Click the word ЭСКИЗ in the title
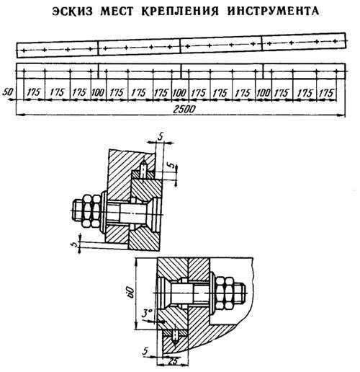(x=73, y=11)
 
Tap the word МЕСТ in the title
(x=117, y=11)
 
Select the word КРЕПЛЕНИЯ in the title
(x=180, y=11)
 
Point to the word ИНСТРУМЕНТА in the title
(x=273, y=11)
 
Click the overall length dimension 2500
(x=184, y=110)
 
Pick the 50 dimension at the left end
(x=8, y=92)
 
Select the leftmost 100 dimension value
(x=98, y=92)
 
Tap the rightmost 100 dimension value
(x=264, y=93)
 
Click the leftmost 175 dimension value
(x=34, y=92)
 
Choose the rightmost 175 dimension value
(x=327, y=93)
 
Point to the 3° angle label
(x=147, y=314)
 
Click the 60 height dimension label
(x=131, y=292)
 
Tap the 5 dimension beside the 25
(x=145, y=351)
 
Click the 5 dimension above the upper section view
(x=161, y=137)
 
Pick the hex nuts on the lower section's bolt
(x=225, y=293)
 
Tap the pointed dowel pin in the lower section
(x=176, y=337)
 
